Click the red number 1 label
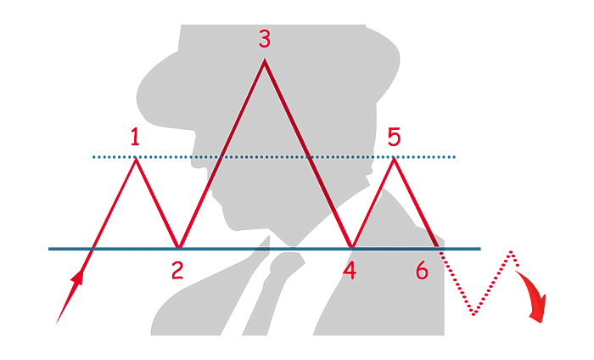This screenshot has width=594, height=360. [135, 137]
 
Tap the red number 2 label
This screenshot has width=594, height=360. [177, 271]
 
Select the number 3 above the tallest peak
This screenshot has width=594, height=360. [265, 39]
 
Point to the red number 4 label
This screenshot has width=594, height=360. [350, 271]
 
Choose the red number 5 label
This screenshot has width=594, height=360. [394, 137]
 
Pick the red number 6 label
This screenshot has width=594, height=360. [422, 271]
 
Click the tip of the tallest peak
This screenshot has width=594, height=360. [265, 60]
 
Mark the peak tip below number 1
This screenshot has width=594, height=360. [136, 159]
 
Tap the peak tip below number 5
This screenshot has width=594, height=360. [394, 159]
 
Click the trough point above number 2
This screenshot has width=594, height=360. [179, 247]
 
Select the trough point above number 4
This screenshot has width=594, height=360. [352, 247]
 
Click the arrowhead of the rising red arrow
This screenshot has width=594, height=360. [78, 277]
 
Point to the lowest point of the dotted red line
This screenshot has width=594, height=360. [474, 314]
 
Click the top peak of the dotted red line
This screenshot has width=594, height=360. [512, 251]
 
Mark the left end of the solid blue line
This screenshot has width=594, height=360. [49, 249]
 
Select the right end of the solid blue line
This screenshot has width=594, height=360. [480, 249]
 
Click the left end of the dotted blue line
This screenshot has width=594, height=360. [93, 157]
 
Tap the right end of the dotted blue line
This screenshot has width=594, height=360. [454, 157]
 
